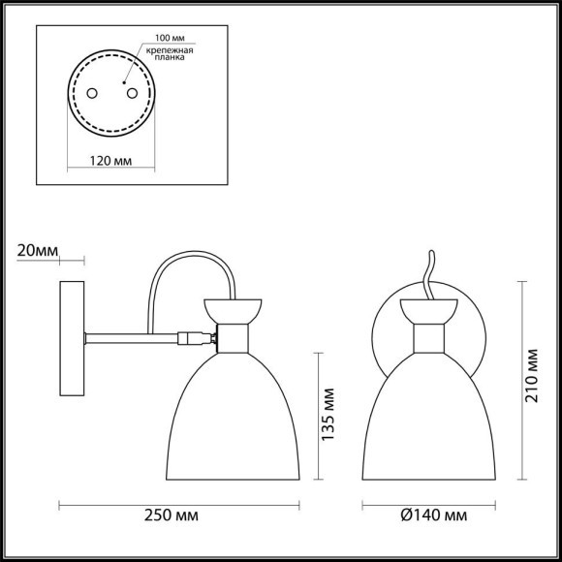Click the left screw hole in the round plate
click(x=92, y=93)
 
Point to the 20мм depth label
click(x=37, y=251)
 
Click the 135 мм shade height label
click(x=329, y=411)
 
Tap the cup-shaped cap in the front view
click(x=427, y=311)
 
